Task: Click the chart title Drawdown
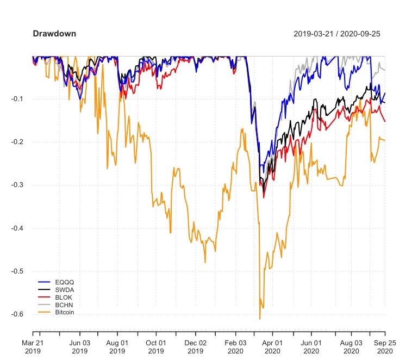[x=54, y=34]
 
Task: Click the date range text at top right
[x=336, y=34]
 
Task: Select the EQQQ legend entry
[x=64, y=282]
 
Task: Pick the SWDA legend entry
[x=64, y=290]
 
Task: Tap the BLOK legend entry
[x=64, y=297]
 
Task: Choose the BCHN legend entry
[x=64, y=305]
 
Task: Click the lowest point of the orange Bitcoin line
[x=260, y=319]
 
